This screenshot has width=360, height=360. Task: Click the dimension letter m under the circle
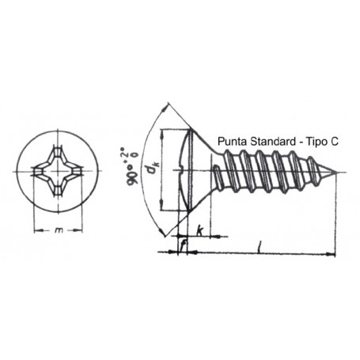[59, 230]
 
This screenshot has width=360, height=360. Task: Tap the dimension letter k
[199, 231]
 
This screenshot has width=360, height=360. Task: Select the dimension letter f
[183, 245]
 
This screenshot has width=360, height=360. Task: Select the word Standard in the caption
[273, 142]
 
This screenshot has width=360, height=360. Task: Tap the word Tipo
[316, 142]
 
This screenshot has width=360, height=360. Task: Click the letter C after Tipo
[334, 142]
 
